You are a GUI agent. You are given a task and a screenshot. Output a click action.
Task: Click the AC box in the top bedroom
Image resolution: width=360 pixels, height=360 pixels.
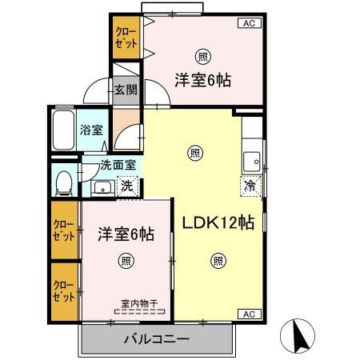pos(247,23)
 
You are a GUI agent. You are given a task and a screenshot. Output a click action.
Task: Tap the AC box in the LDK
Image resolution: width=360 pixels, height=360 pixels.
pos(247,314)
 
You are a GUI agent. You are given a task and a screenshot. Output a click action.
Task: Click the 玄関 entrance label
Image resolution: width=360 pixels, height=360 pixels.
pos(123,90)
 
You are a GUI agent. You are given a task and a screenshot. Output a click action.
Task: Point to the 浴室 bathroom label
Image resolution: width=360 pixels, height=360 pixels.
pos(90,130)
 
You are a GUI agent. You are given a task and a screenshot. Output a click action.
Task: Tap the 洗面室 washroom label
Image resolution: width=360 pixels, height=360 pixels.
pos(118,166)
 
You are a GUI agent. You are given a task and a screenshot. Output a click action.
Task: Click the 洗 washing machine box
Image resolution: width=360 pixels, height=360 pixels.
pos(126,187)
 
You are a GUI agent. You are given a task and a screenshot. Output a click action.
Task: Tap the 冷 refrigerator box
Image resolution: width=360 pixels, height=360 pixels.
pos(250,186)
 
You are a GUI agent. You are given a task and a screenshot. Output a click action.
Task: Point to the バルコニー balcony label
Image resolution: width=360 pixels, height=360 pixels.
pos(156,338)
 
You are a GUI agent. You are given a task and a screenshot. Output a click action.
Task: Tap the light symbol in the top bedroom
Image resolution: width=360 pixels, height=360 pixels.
pos(203,56)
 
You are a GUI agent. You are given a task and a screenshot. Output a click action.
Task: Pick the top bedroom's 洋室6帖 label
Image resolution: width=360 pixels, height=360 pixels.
pos(203,79)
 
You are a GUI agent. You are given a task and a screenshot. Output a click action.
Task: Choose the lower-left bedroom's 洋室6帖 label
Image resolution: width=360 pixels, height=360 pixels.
pos(126,234)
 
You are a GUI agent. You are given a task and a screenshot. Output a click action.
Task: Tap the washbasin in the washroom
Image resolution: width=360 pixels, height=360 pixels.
pos(102,188)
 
